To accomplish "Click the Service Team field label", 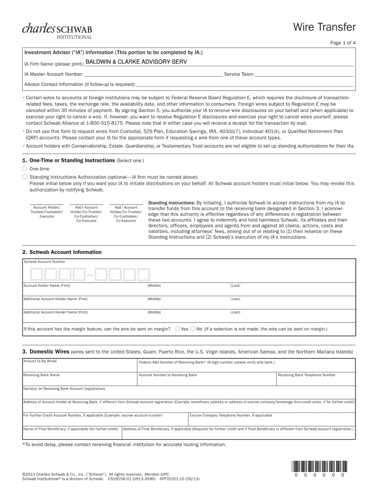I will click(x=239, y=74).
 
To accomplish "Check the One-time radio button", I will click(x=25, y=168).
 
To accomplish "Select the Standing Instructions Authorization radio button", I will click(x=25, y=176).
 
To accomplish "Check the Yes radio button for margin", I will click(x=177, y=329).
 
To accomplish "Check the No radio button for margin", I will click(x=193, y=329).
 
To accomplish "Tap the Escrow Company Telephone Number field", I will click(x=271, y=419).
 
